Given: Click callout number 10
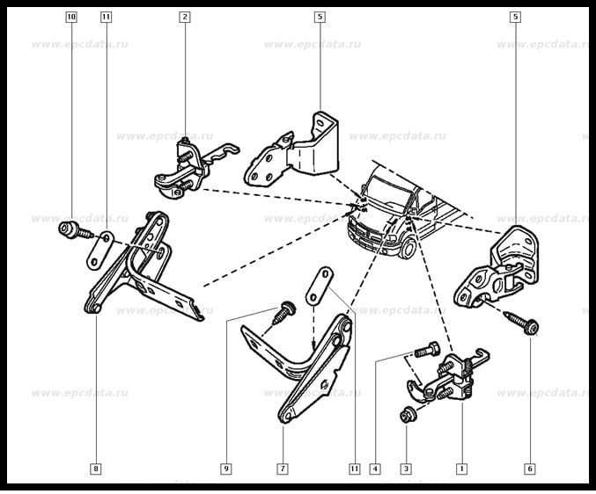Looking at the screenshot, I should click(70, 17).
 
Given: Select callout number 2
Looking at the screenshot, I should click(184, 17).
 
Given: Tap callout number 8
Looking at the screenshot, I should click(95, 469).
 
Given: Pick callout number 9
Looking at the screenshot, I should click(226, 469).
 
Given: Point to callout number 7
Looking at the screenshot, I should click(283, 469).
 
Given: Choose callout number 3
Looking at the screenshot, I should click(406, 469).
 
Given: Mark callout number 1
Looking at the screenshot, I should click(460, 469).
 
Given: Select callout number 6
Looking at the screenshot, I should click(529, 469).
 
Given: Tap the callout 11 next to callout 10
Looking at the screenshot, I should click(106, 17).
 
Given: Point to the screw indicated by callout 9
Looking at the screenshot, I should click(283, 309).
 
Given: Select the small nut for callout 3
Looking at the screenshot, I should click(406, 415).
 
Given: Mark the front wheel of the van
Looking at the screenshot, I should click(409, 250).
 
